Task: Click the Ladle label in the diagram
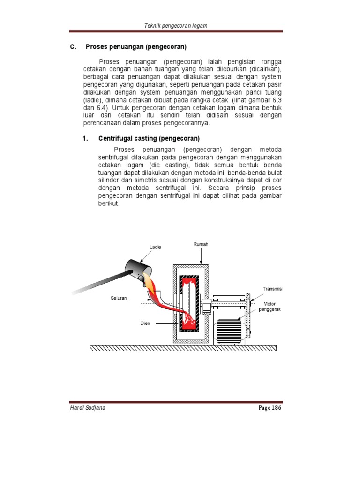coord(155,247)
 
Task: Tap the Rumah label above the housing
coord(201,244)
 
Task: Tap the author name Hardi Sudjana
coord(87,408)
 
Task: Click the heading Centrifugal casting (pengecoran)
coord(149,138)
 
